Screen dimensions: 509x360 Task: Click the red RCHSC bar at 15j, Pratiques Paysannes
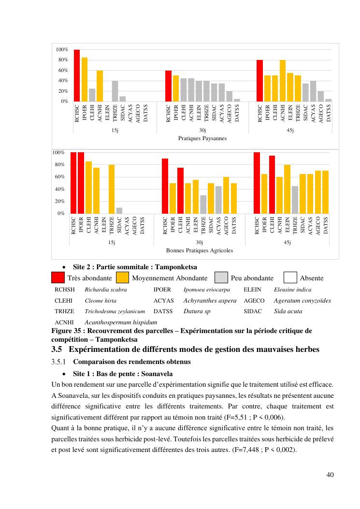[77, 75]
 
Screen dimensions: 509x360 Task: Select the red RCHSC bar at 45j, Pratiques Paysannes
[260, 81]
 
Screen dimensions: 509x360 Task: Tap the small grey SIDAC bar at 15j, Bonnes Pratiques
[119, 210]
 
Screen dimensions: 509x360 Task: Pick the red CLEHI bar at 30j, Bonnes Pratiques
[180, 190]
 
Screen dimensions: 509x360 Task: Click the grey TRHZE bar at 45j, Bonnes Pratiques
[295, 200]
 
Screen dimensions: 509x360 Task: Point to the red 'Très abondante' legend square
[58, 278]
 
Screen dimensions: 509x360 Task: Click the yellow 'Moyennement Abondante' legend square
[123, 278]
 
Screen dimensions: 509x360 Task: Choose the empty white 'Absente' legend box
[290, 278]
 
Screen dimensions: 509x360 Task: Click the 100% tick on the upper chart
[61, 50]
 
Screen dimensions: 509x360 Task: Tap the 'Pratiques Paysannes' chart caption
[202, 138]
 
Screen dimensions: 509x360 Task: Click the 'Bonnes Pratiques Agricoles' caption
[200, 250]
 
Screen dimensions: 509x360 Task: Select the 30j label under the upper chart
[202, 131]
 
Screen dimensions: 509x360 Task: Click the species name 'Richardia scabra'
[106, 290]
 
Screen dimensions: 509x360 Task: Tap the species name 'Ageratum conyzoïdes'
[302, 301]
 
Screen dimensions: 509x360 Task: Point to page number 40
[330, 475]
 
